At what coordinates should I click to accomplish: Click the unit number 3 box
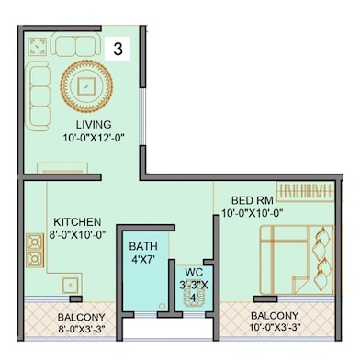[118, 49]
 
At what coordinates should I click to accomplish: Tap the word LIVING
[94, 125]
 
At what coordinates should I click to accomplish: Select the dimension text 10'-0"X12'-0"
[93, 138]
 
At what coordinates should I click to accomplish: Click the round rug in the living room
[86, 85]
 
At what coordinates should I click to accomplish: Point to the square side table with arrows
[38, 47]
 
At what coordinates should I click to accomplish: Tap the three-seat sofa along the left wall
[39, 96]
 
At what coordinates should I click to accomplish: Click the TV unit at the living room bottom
[62, 168]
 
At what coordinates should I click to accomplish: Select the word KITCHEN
[77, 222]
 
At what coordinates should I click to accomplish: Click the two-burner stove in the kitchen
[35, 251]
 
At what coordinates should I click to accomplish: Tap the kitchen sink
[71, 286]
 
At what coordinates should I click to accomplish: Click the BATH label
[143, 246]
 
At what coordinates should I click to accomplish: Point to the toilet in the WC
[193, 298]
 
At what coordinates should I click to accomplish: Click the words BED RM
[253, 200]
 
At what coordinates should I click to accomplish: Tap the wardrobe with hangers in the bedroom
[305, 192]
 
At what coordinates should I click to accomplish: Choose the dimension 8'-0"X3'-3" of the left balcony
[82, 330]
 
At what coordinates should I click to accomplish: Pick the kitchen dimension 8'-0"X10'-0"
[77, 234]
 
